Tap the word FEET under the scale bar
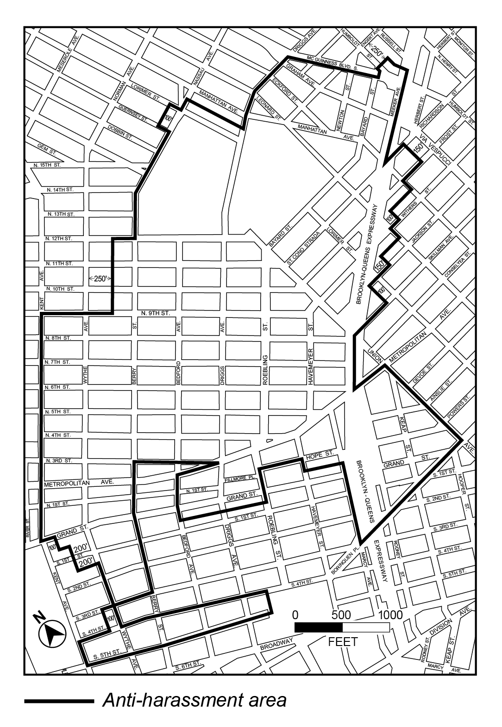[342, 642]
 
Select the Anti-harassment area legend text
[194, 700]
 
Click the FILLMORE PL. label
[239, 481]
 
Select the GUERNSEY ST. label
[133, 114]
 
